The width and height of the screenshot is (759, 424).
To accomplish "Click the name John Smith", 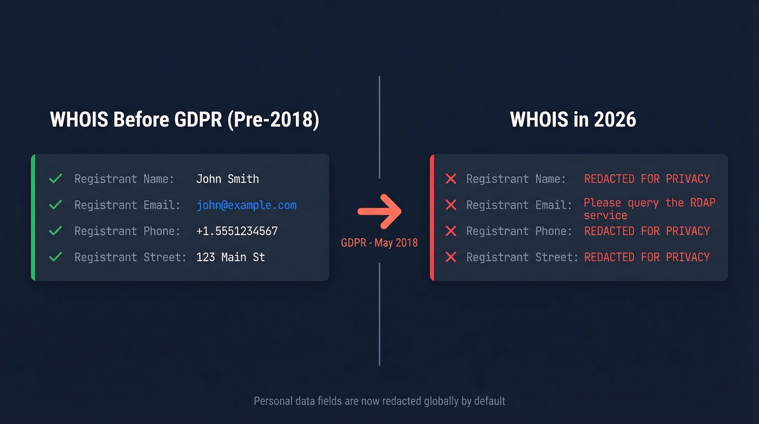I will (x=227, y=179).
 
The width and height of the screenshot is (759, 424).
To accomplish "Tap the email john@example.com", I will (x=246, y=205).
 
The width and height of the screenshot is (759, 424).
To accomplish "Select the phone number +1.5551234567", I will (x=237, y=231).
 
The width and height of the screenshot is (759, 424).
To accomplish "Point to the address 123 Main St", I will (x=230, y=257).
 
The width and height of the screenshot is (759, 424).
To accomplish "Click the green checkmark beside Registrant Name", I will (x=55, y=179).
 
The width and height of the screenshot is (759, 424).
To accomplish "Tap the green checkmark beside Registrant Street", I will (x=55, y=257).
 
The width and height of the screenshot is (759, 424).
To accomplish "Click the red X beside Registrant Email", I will (x=451, y=205).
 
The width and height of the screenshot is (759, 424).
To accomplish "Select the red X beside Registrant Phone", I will (x=451, y=231).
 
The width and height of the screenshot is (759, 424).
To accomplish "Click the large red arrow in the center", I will (x=379, y=211).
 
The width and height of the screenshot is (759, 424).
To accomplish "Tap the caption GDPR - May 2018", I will (x=379, y=243).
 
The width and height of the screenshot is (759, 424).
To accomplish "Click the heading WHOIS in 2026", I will (x=573, y=120).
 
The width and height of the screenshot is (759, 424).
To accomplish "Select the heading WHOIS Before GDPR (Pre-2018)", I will (x=184, y=120).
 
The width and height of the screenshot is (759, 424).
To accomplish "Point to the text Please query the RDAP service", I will (x=649, y=209).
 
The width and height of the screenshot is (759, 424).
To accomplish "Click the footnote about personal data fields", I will (x=379, y=401).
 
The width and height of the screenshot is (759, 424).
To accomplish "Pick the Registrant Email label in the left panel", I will (x=127, y=205).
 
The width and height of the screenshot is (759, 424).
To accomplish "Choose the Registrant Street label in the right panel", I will (x=522, y=257).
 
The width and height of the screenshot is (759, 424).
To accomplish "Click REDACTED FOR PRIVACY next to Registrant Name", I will (x=647, y=179).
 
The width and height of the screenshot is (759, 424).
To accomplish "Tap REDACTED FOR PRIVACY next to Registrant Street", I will (x=647, y=257).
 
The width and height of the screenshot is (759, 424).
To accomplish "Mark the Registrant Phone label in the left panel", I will (x=127, y=231).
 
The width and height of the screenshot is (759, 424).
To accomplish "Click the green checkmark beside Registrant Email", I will (x=55, y=205).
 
